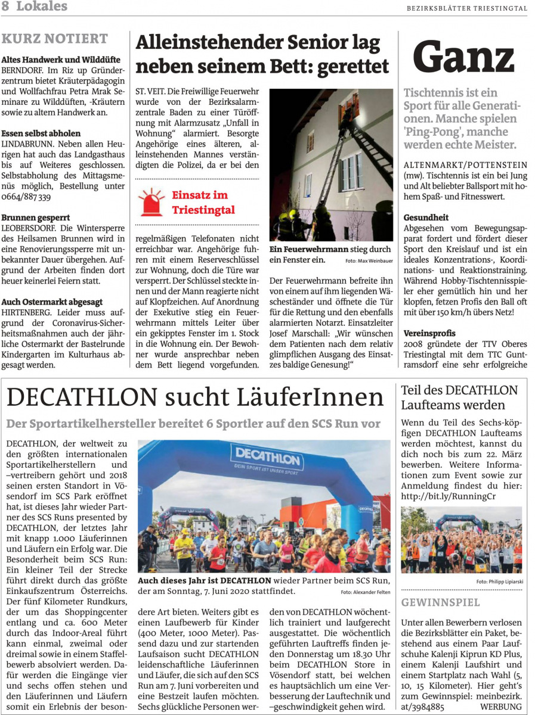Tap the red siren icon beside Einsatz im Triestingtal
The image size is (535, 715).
click(151, 202)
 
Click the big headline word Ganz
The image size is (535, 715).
click(463, 58)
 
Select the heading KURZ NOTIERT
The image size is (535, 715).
click(55, 39)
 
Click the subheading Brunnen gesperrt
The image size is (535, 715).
click(36, 218)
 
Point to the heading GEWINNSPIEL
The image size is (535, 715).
click(440, 602)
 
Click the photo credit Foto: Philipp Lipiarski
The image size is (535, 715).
click(499, 581)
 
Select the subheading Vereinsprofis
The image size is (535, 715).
click(429, 333)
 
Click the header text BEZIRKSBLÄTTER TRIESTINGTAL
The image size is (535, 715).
click(467, 8)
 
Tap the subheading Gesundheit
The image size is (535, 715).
click(426, 217)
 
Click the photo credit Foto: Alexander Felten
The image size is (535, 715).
click(365, 592)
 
